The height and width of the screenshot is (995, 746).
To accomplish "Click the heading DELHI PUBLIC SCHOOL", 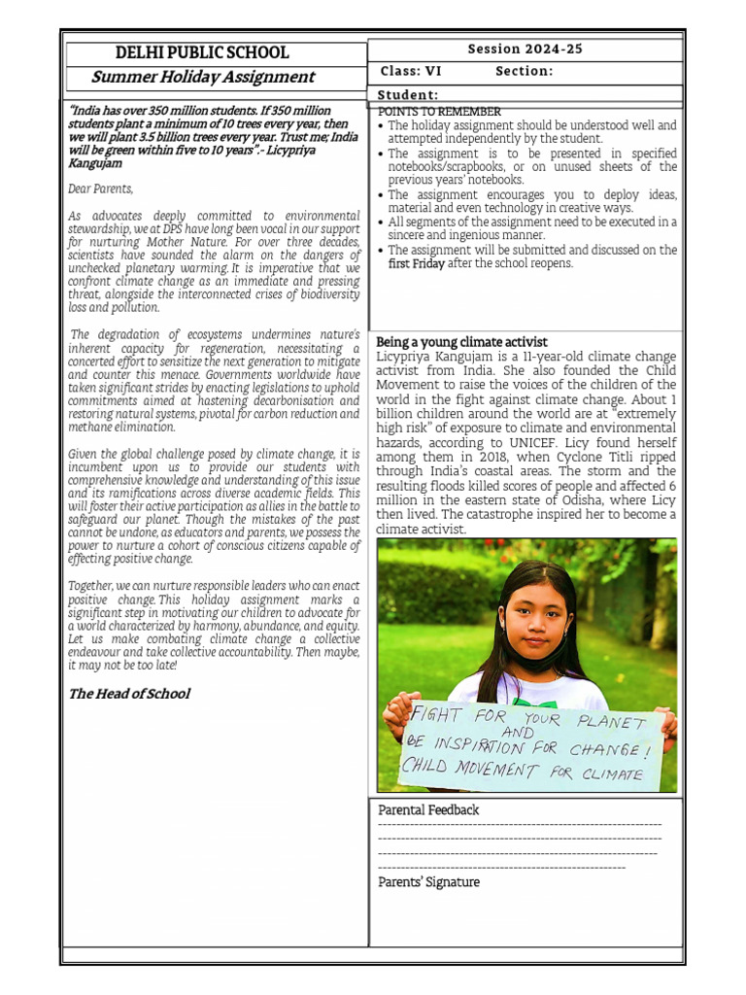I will [202, 53].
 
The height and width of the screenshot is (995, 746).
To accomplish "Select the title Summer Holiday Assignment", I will [203, 77].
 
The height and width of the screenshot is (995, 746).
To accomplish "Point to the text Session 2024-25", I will [525, 49].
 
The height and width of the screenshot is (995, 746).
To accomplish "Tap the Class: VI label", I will [411, 71].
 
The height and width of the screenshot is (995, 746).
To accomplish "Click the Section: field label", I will [524, 71].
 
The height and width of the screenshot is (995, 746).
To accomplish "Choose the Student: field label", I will [408, 94].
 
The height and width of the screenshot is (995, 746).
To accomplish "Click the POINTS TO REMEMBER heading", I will [439, 112].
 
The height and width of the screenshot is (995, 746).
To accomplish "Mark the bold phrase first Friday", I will [416, 263].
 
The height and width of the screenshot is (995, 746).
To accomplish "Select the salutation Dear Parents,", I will [101, 189].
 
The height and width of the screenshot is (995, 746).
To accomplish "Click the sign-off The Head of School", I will [128, 694].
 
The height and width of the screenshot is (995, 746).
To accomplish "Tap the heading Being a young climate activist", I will [461, 342].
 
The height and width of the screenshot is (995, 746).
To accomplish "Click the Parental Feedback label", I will [428, 809].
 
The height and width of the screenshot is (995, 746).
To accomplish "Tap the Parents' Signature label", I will [428, 882].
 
